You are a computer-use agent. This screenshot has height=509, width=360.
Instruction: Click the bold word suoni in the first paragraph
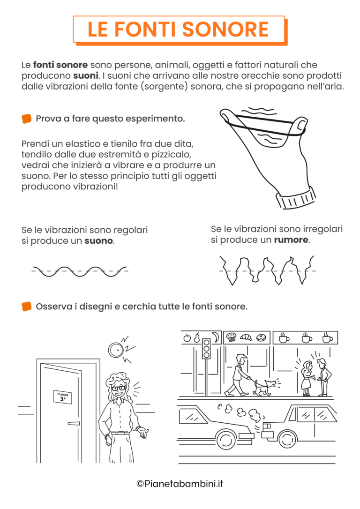pos(85,75)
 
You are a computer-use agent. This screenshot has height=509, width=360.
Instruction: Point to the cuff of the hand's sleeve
pos(295,197)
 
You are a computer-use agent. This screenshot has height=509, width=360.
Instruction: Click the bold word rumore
pos(291,240)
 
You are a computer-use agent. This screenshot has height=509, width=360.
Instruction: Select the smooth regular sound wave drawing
pos(80,271)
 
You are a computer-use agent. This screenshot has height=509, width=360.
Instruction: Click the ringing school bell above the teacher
pos(115,349)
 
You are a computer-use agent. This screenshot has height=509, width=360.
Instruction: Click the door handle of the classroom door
pos(74,423)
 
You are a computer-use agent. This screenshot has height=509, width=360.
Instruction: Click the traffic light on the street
pos(206,349)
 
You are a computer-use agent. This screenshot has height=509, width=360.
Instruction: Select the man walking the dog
pos(239,375)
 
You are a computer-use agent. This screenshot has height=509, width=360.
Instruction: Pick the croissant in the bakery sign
pos(246,337)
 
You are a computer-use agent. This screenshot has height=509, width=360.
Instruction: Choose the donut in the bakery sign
pos(262,337)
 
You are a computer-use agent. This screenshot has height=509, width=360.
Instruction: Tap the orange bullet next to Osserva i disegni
pos(27,307)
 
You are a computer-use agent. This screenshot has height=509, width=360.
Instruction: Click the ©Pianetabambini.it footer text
pos(180,483)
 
